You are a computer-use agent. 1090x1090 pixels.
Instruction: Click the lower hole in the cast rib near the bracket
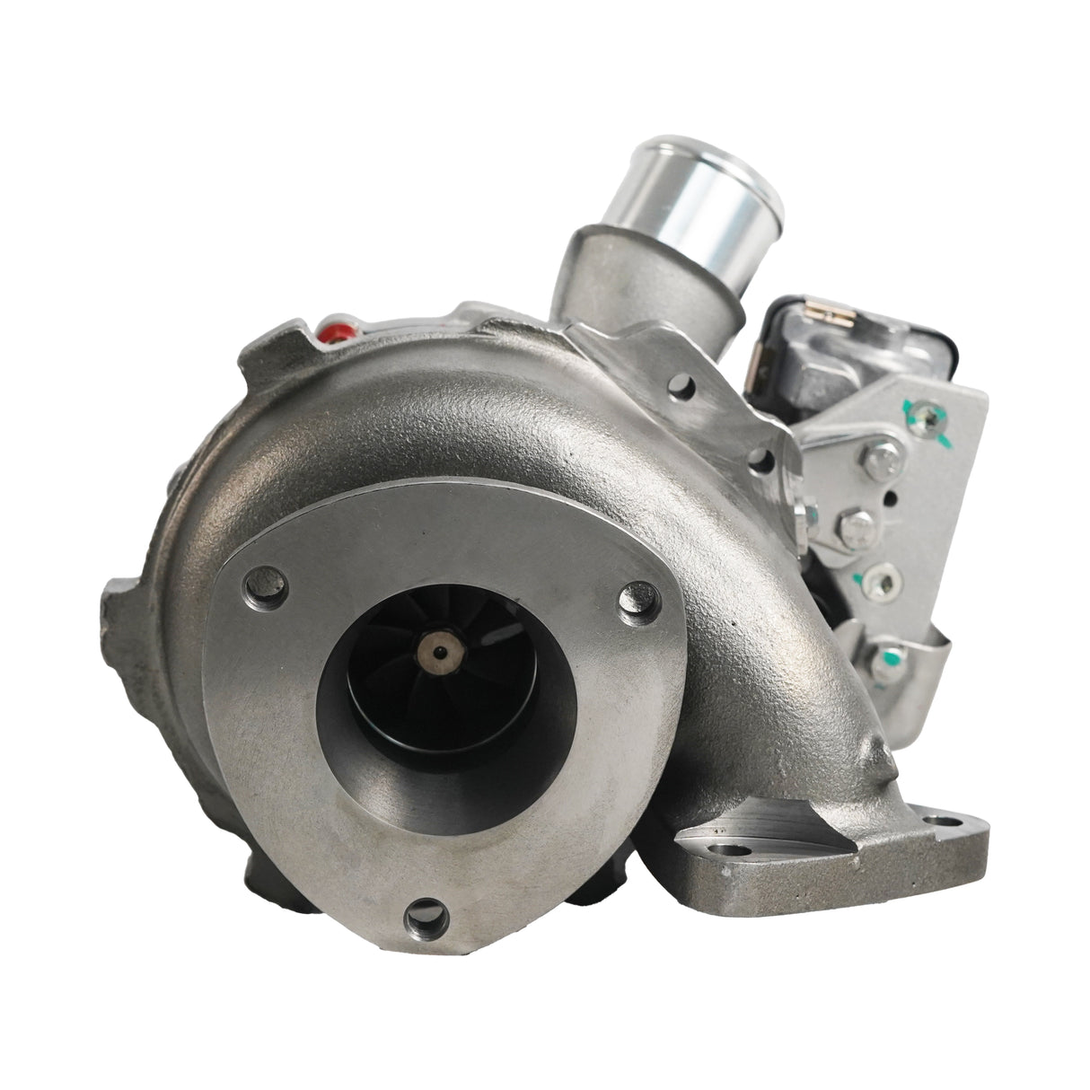(763, 463)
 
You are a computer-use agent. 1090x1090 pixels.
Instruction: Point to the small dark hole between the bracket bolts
(889, 497)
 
